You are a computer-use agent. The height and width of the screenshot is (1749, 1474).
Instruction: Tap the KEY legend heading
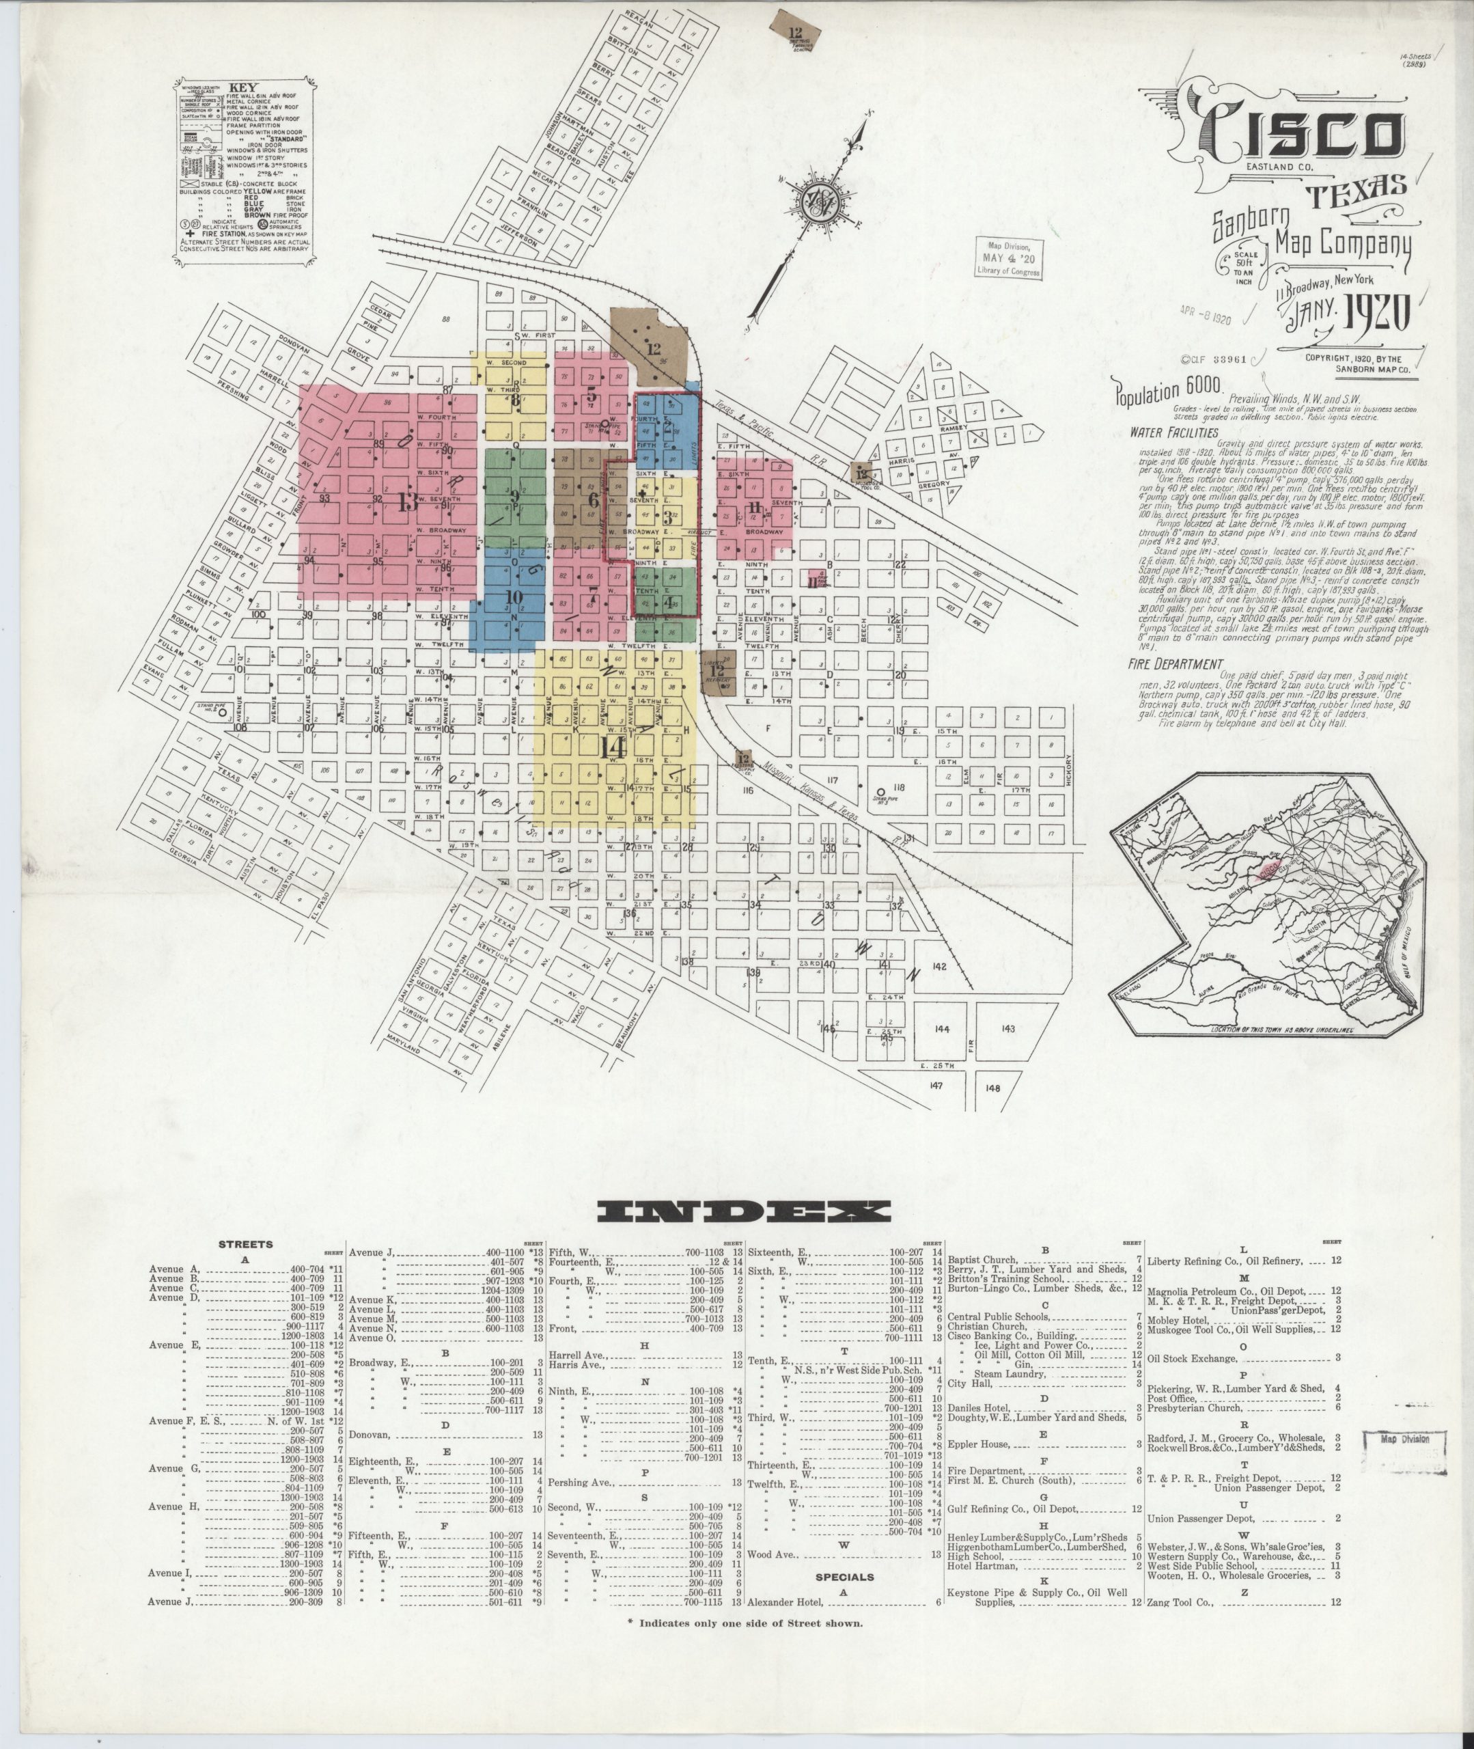[x=243, y=87]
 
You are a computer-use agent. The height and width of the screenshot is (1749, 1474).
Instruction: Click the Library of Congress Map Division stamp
[x=1010, y=258]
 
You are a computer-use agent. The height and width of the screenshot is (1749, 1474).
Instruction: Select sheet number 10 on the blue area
[x=512, y=596]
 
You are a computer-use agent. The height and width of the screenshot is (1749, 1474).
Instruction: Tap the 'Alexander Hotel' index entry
[x=785, y=1603]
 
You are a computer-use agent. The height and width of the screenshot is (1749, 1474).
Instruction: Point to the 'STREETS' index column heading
[x=246, y=1244]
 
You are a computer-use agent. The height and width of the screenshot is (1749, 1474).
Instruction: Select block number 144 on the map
[x=943, y=1030]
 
